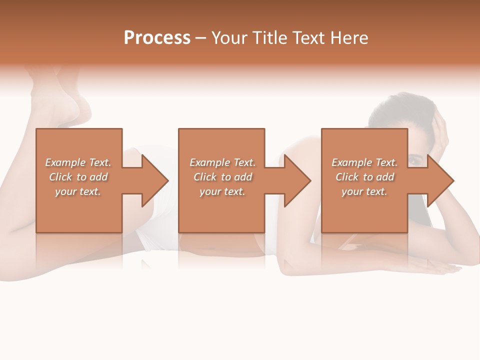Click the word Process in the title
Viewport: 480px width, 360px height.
tap(157, 38)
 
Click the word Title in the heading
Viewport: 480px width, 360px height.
tap(268, 38)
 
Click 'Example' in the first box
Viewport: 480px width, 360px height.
tap(65, 162)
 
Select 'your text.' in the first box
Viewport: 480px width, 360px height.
tap(78, 191)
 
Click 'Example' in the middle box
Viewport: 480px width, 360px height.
tap(210, 162)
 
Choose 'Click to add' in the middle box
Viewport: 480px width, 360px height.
tap(222, 177)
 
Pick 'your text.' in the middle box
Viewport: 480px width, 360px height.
tap(222, 191)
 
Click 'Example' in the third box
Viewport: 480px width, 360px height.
tap(352, 162)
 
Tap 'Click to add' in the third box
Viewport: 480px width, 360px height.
tap(364, 177)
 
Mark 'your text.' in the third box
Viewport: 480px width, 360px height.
tap(364, 191)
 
